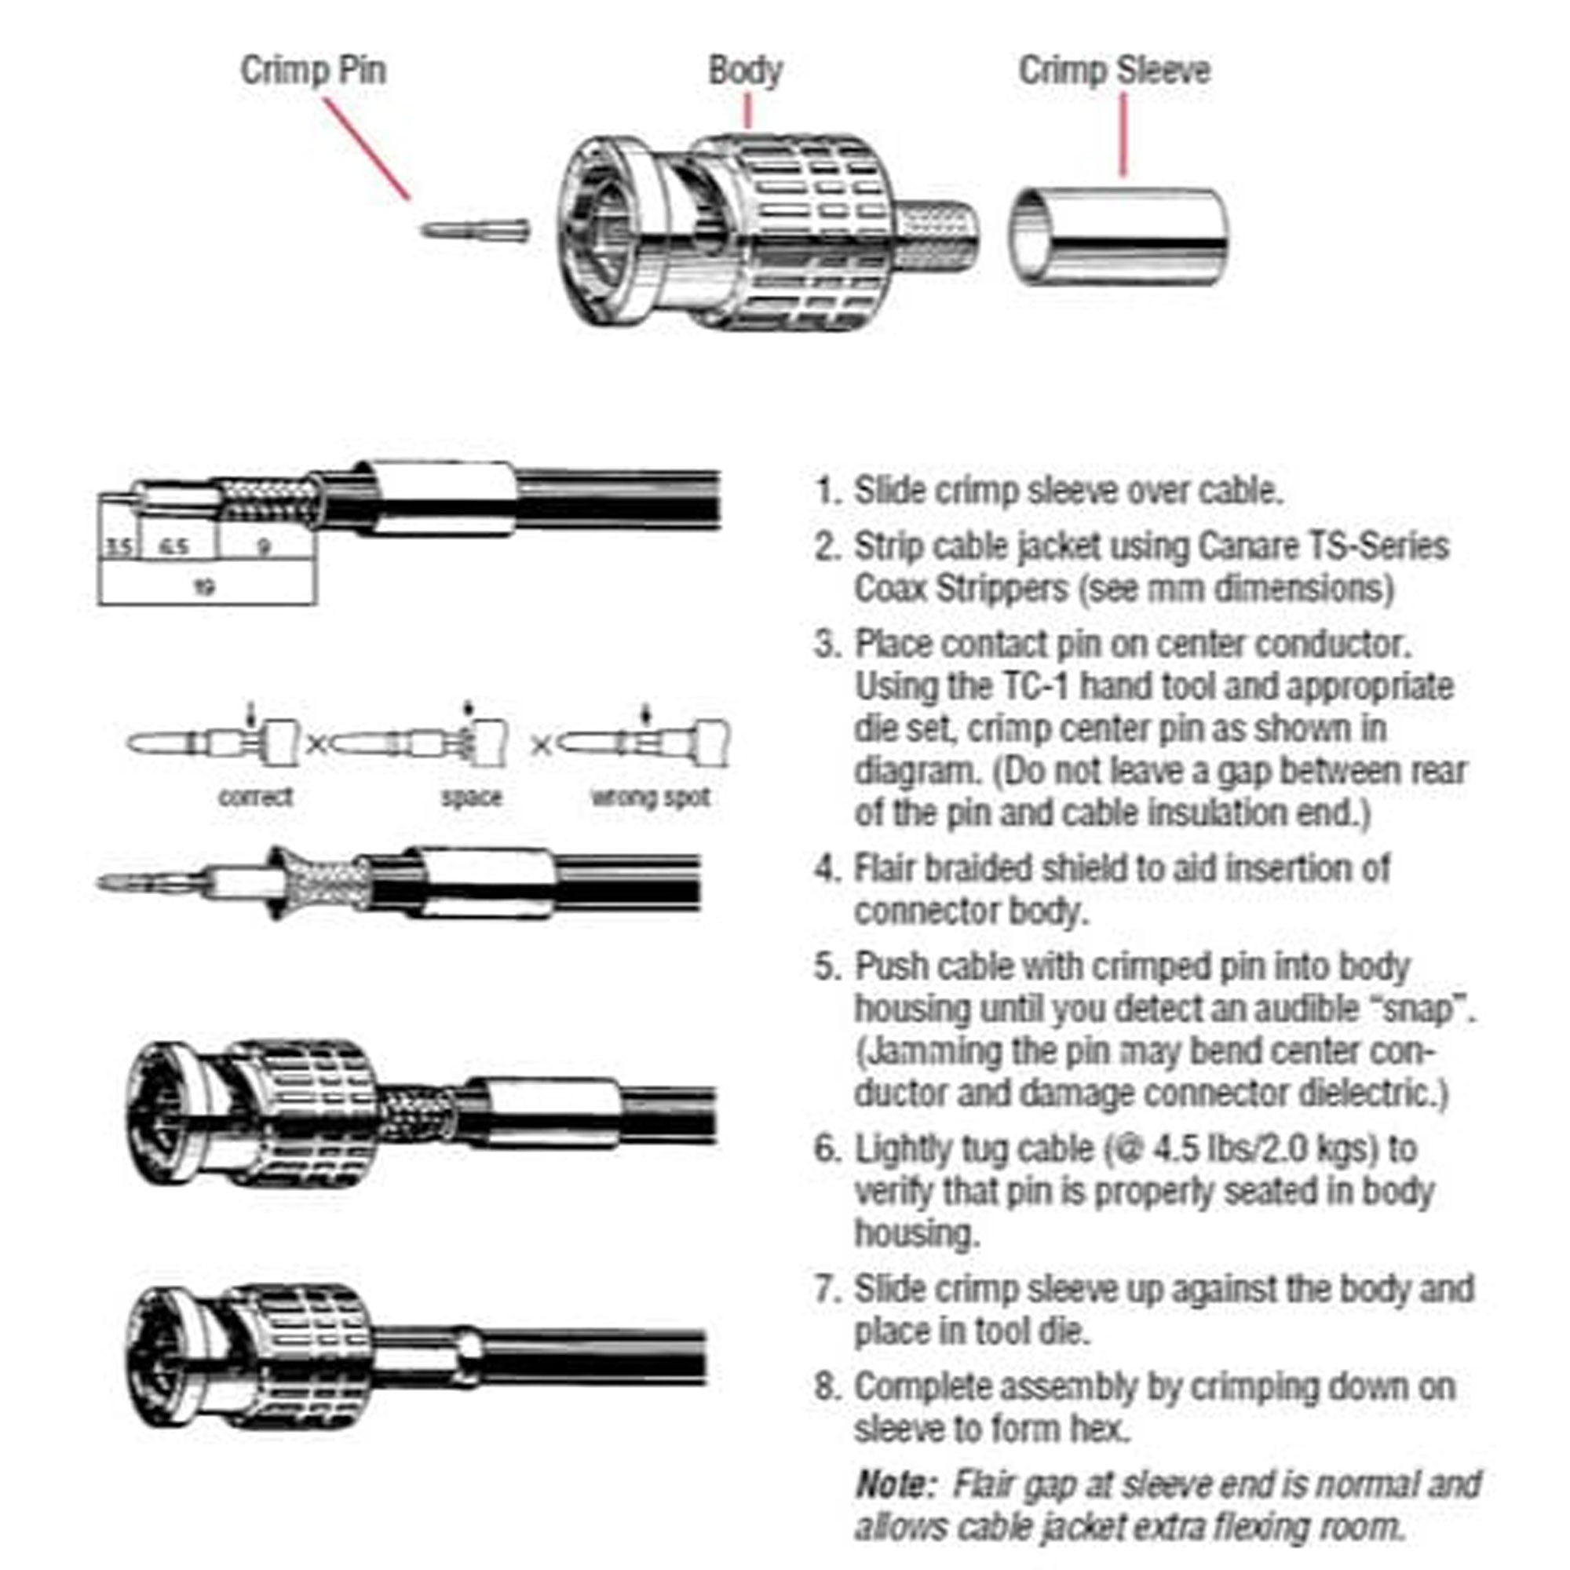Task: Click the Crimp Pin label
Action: (x=313, y=71)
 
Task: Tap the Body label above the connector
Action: (x=744, y=71)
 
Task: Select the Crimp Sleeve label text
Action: (x=1114, y=71)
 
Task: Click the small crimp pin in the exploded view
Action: (x=476, y=230)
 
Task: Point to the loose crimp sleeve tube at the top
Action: (x=1118, y=236)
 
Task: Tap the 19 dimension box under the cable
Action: (x=206, y=586)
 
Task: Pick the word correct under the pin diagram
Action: (x=255, y=796)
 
